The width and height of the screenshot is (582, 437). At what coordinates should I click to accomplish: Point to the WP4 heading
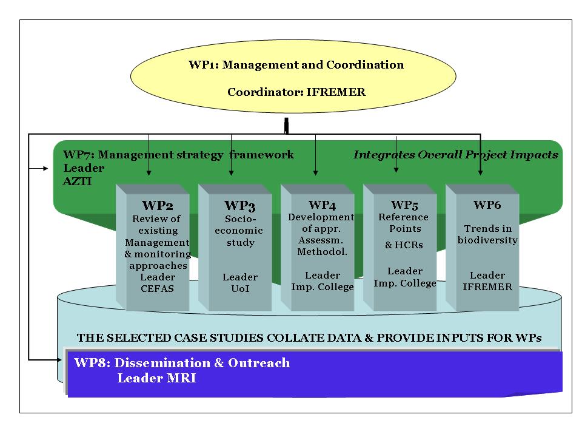[322, 205]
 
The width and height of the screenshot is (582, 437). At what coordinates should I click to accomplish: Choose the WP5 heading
[404, 205]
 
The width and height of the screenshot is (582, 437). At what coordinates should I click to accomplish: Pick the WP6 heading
[487, 205]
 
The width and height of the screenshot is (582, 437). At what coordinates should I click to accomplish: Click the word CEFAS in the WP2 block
[158, 288]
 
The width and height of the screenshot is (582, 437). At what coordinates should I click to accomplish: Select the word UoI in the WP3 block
[240, 288]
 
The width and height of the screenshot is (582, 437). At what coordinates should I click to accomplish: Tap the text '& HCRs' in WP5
[404, 245]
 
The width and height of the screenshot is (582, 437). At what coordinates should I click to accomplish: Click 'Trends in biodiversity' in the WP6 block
[487, 234]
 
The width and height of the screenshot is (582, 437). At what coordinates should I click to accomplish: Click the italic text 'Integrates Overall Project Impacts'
[455, 155]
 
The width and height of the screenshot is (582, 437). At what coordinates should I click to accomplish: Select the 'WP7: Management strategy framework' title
[178, 155]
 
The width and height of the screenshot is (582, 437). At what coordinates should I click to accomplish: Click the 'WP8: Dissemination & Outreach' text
[182, 364]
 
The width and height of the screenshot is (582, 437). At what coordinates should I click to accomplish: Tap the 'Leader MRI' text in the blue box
[156, 379]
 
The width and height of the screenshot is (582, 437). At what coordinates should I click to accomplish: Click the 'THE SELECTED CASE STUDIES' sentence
[309, 337]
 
